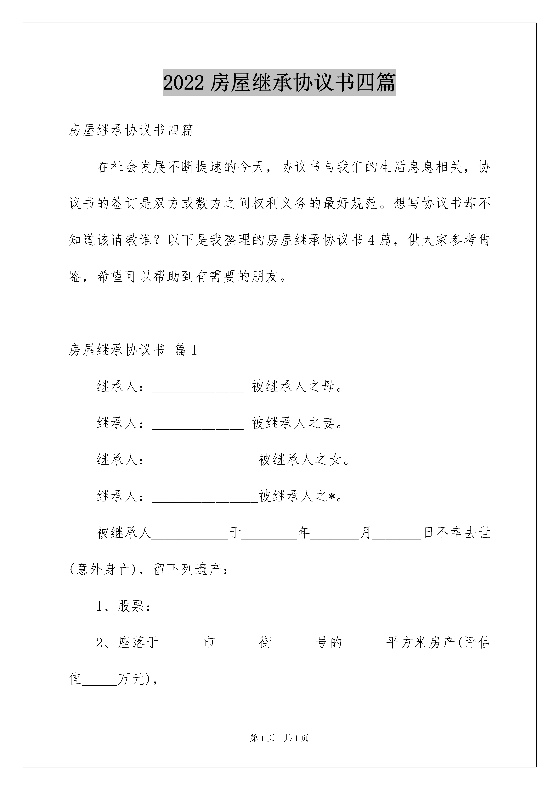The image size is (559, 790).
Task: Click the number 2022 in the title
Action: click(x=184, y=83)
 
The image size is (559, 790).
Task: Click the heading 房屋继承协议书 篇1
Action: click(x=133, y=350)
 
